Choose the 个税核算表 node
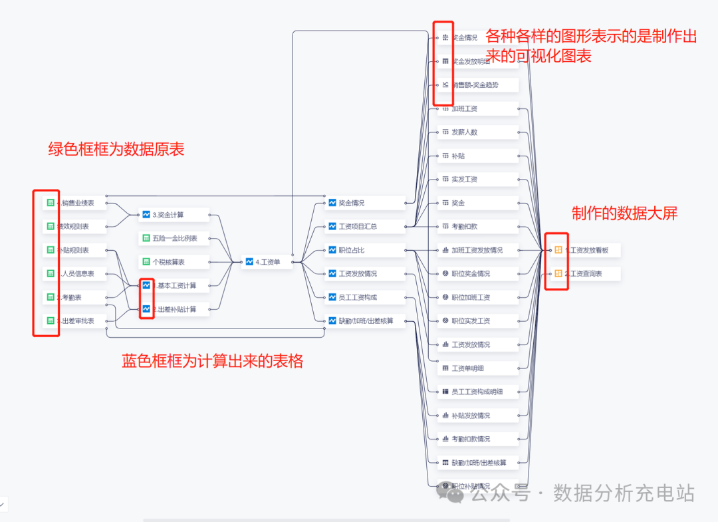(172, 262)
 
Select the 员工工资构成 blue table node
(362, 297)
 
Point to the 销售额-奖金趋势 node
(475, 85)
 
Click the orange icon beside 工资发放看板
(558, 250)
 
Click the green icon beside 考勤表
(50, 297)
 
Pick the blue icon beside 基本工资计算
(146, 285)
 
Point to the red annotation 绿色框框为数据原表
(116, 150)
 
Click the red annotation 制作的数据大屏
(624, 213)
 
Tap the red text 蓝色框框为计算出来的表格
(213, 361)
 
